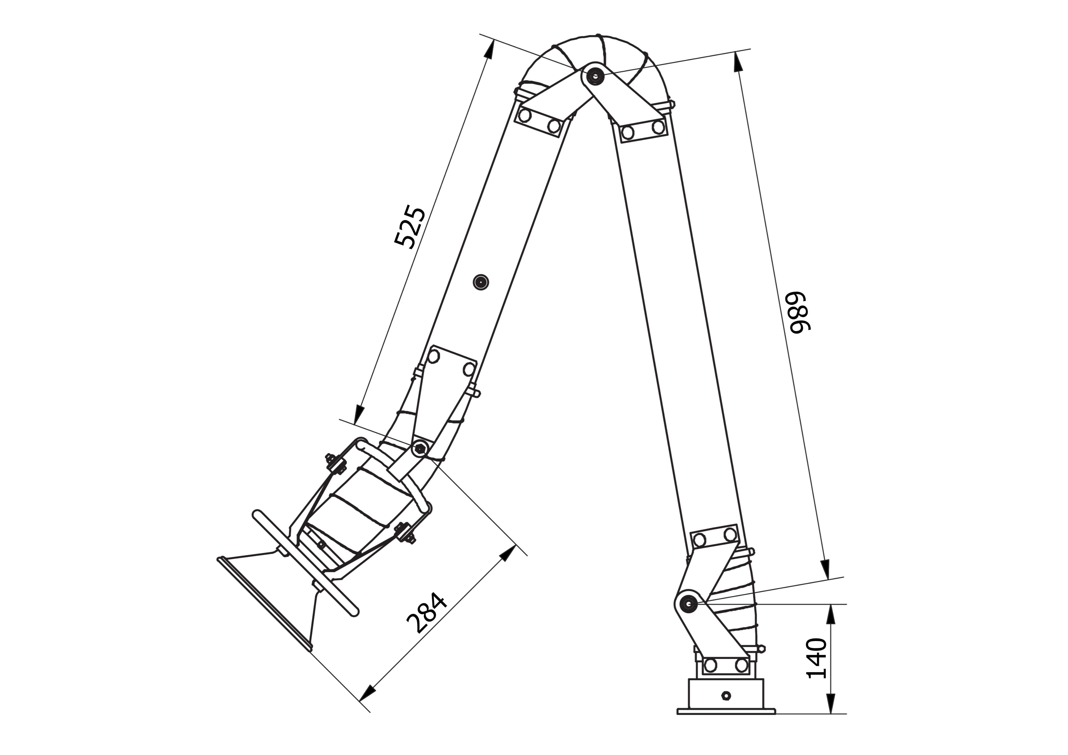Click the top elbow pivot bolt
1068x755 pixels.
pos(594,74)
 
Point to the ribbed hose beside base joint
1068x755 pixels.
pos(740,605)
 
